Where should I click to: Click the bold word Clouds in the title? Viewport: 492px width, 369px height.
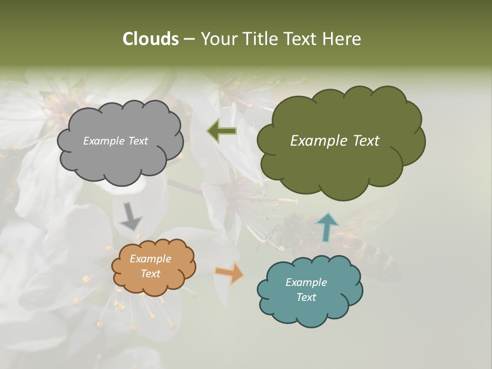coord(151,39)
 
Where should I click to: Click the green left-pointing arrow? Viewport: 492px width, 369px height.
coord(222,131)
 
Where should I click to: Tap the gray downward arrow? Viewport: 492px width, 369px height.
coord(130,216)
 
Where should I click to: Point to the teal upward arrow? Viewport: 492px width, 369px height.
coord(326,227)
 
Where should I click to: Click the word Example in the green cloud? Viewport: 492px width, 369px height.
coord(316,141)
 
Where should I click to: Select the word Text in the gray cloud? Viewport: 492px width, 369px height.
coord(138,141)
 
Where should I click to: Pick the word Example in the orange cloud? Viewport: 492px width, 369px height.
coord(150,259)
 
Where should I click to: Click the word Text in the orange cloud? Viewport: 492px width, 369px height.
coord(150,274)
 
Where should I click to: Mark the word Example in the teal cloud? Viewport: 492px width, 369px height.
coord(306,282)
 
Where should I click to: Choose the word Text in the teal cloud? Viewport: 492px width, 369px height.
coord(306,297)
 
